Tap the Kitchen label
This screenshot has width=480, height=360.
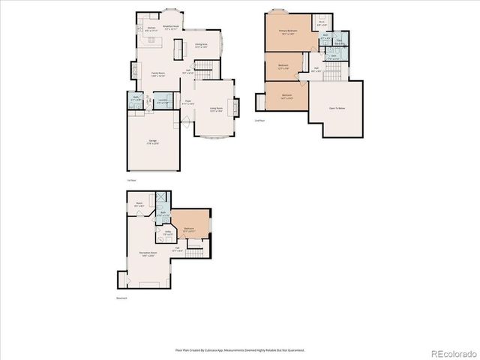(x=151, y=28)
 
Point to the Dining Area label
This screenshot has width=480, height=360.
(x=201, y=46)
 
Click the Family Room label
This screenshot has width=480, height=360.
(x=158, y=74)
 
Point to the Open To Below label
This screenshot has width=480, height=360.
(x=337, y=108)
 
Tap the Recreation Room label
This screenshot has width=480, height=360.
(x=148, y=253)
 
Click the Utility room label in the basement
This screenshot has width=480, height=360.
(x=169, y=233)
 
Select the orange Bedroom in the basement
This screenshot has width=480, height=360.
(x=190, y=229)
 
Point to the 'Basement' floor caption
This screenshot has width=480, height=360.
(x=121, y=298)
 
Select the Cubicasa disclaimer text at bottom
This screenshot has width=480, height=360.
(x=239, y=349)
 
